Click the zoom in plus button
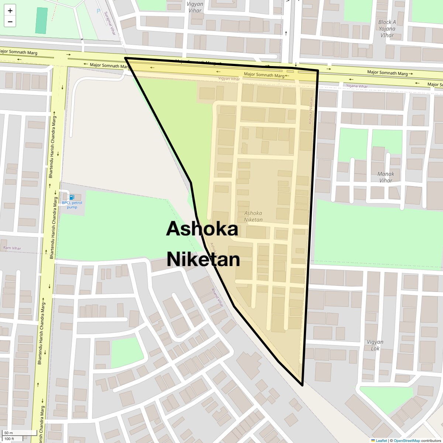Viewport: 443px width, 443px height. tap(10, 11)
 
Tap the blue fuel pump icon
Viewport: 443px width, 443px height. tap(72, 198)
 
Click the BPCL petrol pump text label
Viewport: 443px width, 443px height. tap(72, 205)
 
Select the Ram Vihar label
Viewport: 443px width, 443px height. tap(12, 248)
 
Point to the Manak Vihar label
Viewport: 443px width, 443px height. tap(386, 177)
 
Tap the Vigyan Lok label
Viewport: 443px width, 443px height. tap(375, 345)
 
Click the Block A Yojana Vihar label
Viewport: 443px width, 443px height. tap(387, 29)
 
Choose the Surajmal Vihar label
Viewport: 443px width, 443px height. tap(110, 23)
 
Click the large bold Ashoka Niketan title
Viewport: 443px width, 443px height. tap(203, 244)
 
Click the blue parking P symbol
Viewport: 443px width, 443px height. tap(98, 11)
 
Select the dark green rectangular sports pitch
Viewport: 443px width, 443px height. tap(41, 20)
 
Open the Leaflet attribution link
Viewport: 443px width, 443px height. tap(381, 440)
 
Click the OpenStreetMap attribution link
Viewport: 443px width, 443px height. tap(406, 440)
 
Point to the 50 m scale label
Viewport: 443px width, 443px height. tap(9, 433)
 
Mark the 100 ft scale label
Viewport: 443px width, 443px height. tap(10, 439)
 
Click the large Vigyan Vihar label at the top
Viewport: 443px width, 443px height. tap(195, 7)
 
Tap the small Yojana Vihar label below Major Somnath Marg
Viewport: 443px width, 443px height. tap(357, 86)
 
